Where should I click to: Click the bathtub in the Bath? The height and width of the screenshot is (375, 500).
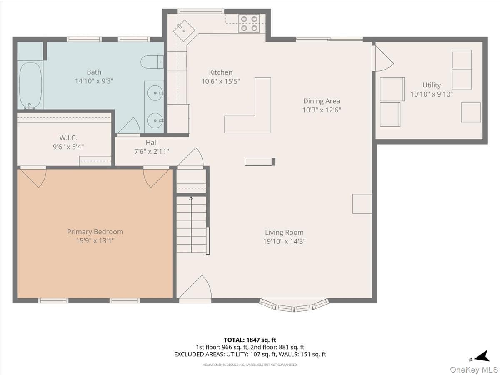coord(30,86)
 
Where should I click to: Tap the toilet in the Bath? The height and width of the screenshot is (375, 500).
coord(152,62)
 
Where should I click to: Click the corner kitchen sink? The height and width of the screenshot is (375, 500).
coord(184,31)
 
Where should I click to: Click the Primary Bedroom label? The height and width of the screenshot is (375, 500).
coord(95,232)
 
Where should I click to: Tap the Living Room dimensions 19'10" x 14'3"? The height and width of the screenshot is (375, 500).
coord(284,241)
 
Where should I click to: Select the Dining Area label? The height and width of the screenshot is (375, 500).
coord(321,101)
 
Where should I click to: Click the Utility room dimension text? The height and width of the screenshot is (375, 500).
coord(431,94)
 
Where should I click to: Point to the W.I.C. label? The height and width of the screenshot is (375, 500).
coord(68,138)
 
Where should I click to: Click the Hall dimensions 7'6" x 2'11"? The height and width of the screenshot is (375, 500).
coord(152,151)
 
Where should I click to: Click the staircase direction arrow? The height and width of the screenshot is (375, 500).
coord(191,225)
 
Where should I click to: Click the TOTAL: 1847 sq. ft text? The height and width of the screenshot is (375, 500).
coord(250,340)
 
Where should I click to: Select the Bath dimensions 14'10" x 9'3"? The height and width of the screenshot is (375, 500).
coord(94,81)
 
